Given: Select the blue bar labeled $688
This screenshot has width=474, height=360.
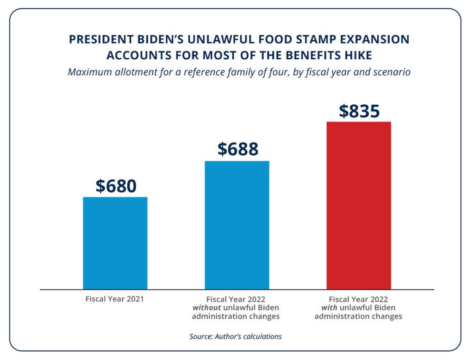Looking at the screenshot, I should point(237,225).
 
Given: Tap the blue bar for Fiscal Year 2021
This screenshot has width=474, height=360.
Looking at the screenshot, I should point(115,243).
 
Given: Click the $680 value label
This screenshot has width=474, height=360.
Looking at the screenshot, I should point(116,186).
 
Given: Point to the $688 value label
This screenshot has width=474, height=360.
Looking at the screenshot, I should point(237,149).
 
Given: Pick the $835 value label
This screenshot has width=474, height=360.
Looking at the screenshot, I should point(359,111).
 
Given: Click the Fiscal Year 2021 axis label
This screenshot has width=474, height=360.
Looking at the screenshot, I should point(115,299).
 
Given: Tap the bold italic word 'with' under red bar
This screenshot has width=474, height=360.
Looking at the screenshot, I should point(329,308).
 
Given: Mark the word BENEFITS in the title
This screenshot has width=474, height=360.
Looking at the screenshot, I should point(315,55).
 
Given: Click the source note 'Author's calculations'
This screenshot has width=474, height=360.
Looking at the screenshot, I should point(248,336).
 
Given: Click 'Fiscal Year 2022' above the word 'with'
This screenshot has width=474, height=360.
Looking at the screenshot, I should point(358,299).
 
